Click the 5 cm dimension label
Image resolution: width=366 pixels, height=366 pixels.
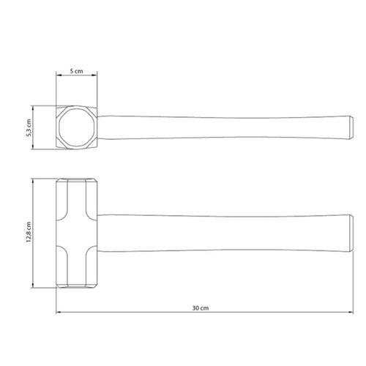click(76, 71)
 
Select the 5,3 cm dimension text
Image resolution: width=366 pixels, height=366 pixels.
click(29, 127)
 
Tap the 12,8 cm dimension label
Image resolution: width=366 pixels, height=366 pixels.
click(29, 232)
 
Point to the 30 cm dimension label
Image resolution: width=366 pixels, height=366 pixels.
click(201, 308)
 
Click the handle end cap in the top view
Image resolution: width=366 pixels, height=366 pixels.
click(351, 127)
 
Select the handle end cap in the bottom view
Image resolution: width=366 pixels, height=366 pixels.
click(351, 234)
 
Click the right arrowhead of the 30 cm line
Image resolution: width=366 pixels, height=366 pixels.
click(351, 313)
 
